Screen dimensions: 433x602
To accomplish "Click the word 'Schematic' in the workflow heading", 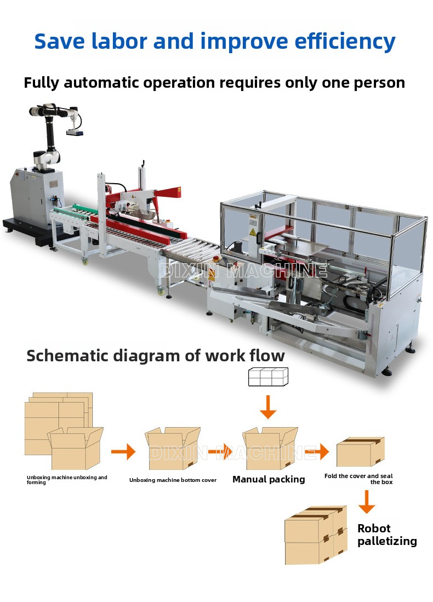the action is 67,355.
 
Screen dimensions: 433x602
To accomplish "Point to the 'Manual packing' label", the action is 269,480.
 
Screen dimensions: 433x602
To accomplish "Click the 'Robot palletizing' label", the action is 387,535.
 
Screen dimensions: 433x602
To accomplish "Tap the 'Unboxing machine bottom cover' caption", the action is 173,480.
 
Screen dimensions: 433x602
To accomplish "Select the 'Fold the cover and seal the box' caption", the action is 358,479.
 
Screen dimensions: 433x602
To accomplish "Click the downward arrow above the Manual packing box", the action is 268,407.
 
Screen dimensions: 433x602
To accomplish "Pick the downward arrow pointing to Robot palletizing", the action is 367,502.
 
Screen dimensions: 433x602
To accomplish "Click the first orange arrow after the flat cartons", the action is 123,452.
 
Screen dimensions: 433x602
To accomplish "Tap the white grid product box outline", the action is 268,377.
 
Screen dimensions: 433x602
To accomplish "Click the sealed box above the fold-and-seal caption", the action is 361,452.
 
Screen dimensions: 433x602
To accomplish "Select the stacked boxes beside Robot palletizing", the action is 316,535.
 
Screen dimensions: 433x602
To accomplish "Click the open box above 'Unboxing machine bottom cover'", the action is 173,448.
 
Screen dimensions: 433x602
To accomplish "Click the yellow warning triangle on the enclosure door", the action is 252,232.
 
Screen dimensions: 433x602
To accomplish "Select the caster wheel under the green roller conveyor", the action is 85,262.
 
